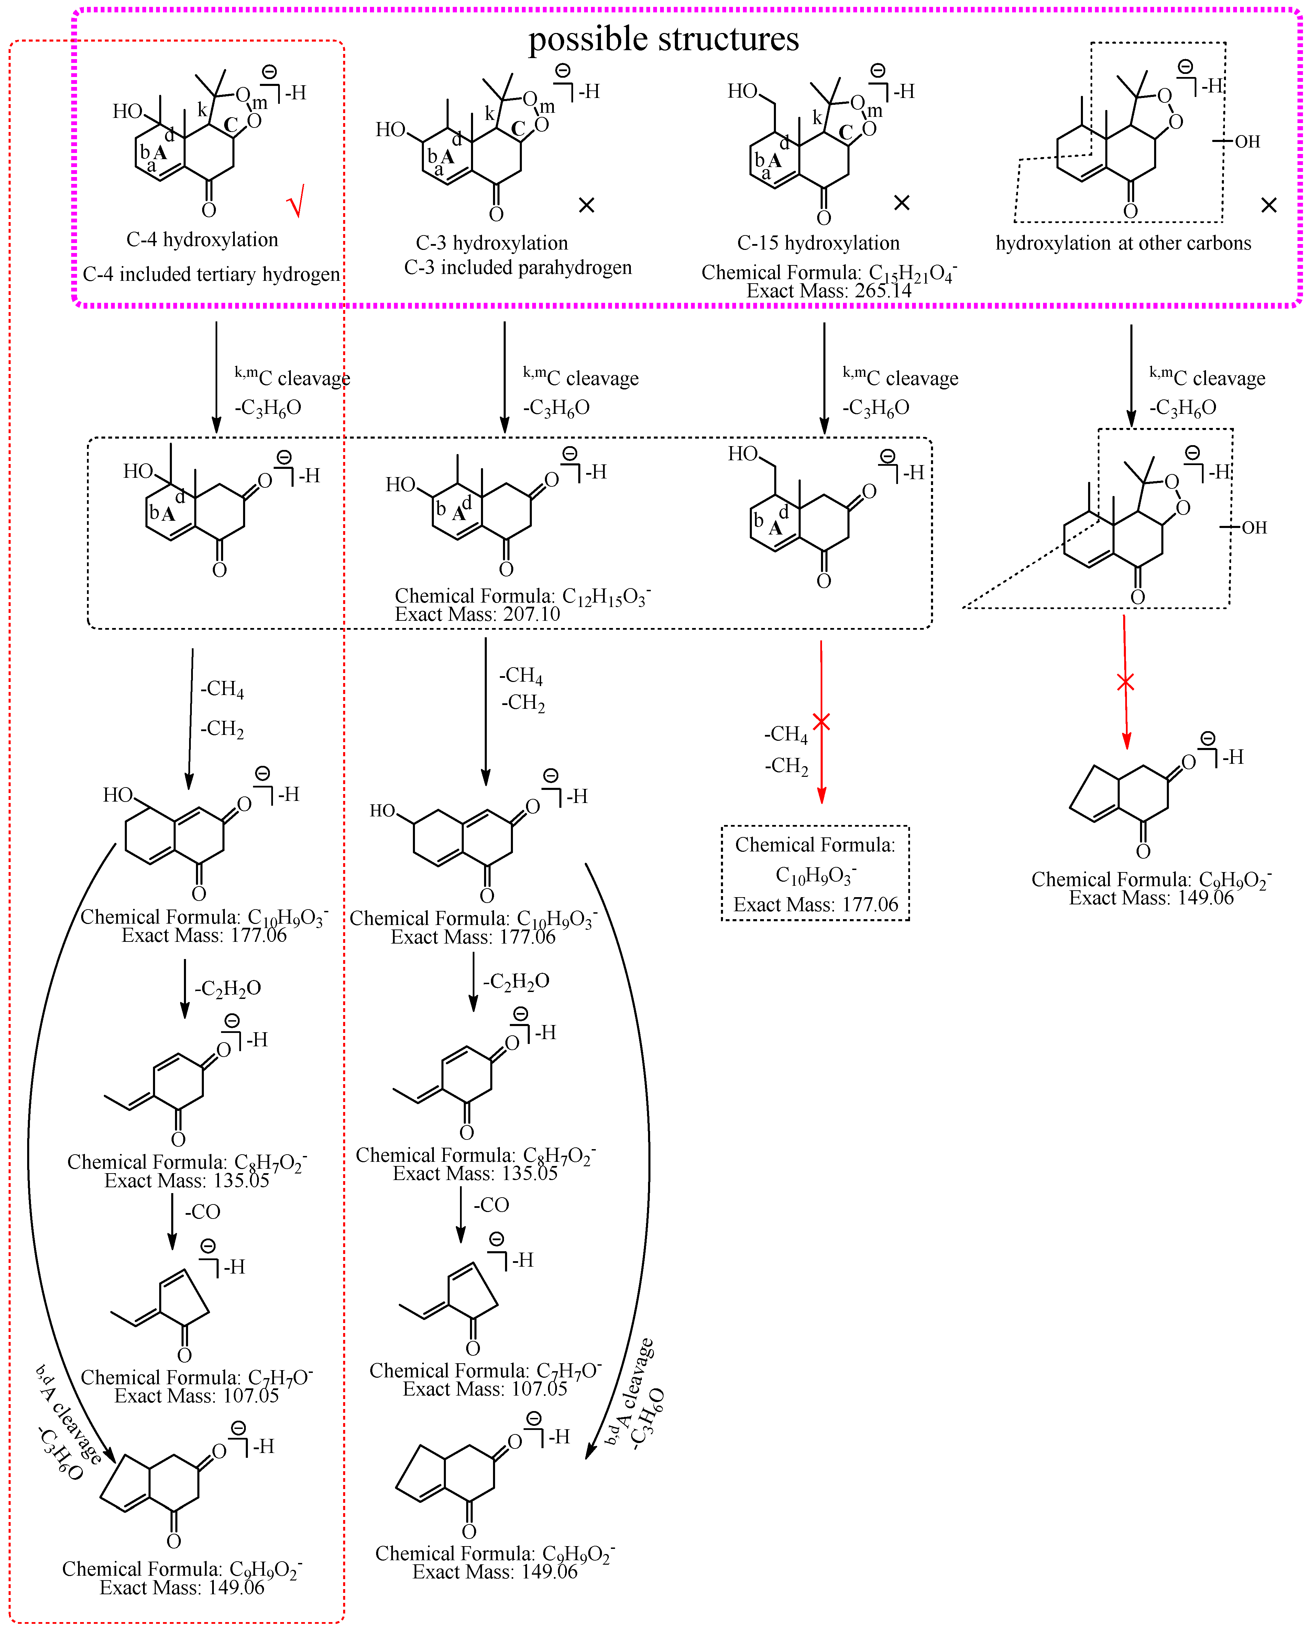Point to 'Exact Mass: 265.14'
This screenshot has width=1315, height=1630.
click(x=829, y=291)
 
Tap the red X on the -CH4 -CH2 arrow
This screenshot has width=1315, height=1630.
click(x=821, y=722)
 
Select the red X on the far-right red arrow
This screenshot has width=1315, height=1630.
click(x=1126, y=682)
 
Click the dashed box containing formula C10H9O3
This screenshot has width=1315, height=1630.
click(x=815, y=873)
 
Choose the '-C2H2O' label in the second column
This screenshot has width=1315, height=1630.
click(x=517, y=982)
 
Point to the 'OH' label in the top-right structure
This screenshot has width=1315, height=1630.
click(x=1247, y=142)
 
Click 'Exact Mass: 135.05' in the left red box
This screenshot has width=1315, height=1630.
click(x=186, y=1181)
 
